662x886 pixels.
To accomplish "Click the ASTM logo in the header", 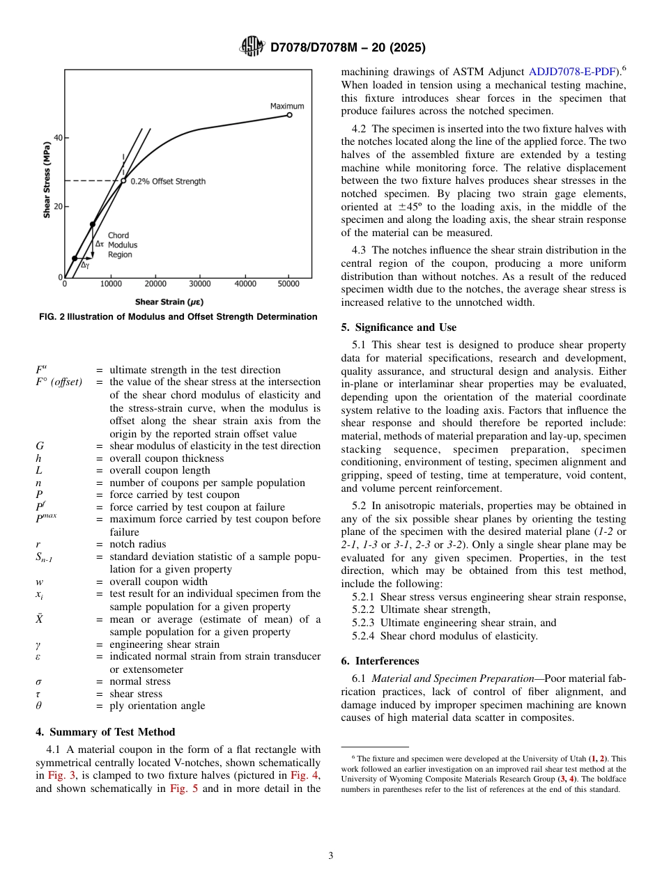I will click(x=252, y=47).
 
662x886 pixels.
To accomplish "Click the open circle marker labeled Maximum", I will click(x=289, y=115).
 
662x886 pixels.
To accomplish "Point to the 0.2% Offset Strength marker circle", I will click(x=123, y=181).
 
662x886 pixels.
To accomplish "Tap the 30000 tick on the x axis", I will click(x=200, y=284).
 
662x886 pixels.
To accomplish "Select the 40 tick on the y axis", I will click(x=57, y=138).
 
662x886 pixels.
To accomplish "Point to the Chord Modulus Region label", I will click(x=123, y=245).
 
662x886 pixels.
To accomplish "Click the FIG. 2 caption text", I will click(x=178, y=317).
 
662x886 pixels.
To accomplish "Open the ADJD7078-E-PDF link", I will click(x=572, y=71).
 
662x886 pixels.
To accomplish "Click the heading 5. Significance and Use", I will click(x=399, y=327).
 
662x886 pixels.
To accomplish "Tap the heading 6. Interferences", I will click(x=380, y=661).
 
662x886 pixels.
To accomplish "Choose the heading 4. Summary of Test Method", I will click(x=105, y=732).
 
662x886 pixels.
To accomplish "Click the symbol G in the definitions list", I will click(x=39, y=446).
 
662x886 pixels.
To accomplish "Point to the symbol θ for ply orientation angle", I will click(x=38, y=706).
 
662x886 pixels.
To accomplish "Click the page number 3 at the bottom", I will click(x=331, y=856).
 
